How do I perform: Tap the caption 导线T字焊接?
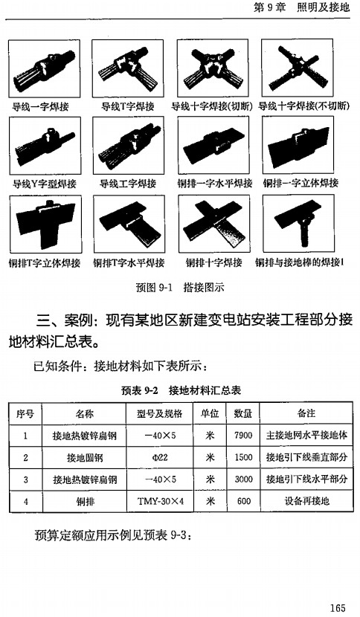(127, 106)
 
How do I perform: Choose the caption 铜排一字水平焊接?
(213, 183)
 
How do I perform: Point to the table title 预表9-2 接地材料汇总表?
(182, 389)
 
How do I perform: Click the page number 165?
(338, 607)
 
